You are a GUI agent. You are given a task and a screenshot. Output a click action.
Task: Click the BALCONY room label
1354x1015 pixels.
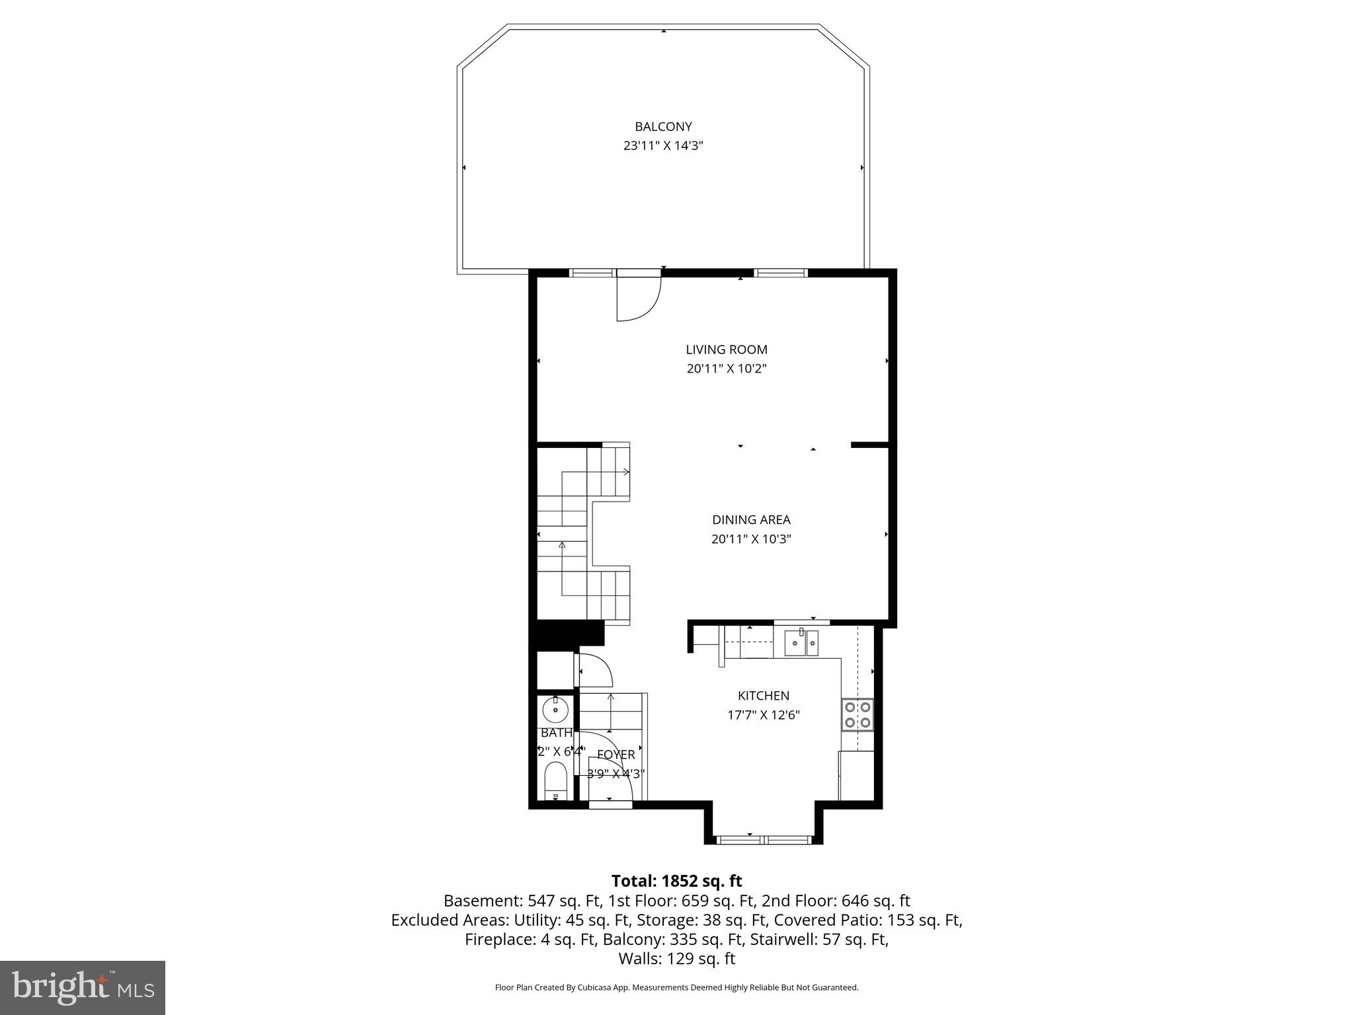[663, 126]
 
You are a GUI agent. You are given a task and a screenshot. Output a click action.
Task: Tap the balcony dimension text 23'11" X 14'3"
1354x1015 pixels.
[663, 146]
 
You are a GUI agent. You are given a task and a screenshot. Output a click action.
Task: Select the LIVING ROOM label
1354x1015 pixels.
[726, 350]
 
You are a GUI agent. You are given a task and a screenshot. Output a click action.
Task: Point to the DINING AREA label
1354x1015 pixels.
[751, 520]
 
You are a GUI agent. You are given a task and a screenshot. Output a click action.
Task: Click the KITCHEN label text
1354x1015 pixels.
[763, 696]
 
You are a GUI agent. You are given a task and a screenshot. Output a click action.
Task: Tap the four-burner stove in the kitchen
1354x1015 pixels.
[857, 715]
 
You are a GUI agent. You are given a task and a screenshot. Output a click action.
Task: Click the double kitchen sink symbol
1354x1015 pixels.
[801, 643]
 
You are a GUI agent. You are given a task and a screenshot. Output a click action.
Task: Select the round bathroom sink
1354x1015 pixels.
[555, 711]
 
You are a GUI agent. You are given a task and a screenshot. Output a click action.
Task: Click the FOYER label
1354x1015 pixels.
[616, 755]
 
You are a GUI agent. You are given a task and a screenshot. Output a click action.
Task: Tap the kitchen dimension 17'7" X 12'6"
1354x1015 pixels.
[763, 715]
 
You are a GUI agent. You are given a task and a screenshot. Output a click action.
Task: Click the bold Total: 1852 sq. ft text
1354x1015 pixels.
[676, 881]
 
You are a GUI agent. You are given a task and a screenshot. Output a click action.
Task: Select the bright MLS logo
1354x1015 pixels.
[83, 987]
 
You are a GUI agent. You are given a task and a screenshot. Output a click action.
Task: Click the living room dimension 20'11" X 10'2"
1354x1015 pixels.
[726, 369]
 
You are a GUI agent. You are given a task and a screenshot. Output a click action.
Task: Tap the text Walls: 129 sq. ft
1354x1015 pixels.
[676, 959]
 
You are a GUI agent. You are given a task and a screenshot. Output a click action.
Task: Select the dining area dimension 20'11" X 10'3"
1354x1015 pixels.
[751, 539]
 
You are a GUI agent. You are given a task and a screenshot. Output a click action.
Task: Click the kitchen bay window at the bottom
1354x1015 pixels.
[764, 840]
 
